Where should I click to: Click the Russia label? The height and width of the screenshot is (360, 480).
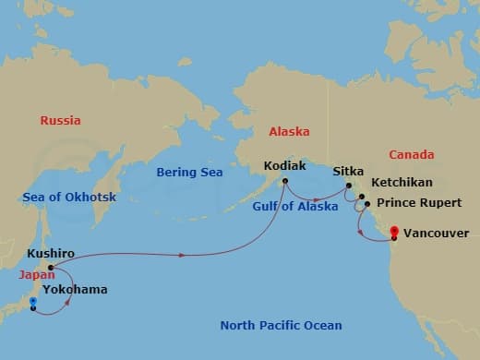[x=60, y=120]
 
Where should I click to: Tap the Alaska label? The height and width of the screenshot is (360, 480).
[x=289, y=132]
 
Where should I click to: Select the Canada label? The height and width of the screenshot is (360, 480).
[x=411, y=154]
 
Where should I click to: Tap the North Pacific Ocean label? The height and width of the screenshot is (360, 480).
[x=281, y=325]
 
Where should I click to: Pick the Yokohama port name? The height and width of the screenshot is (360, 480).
[x=75, y=289]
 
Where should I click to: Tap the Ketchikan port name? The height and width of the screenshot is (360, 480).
[x=401, y=183]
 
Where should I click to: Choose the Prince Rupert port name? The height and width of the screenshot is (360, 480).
[x=415, y=204]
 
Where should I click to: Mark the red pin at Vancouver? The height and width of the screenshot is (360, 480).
[x=395, y=232]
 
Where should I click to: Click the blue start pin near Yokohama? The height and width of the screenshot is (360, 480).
[x=32, y=301]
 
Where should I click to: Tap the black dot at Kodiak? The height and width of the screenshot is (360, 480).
[x=285, y=181]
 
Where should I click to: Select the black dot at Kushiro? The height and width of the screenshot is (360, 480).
[x=50, y=268]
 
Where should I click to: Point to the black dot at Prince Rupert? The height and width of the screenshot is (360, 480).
[x=367, y=204]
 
